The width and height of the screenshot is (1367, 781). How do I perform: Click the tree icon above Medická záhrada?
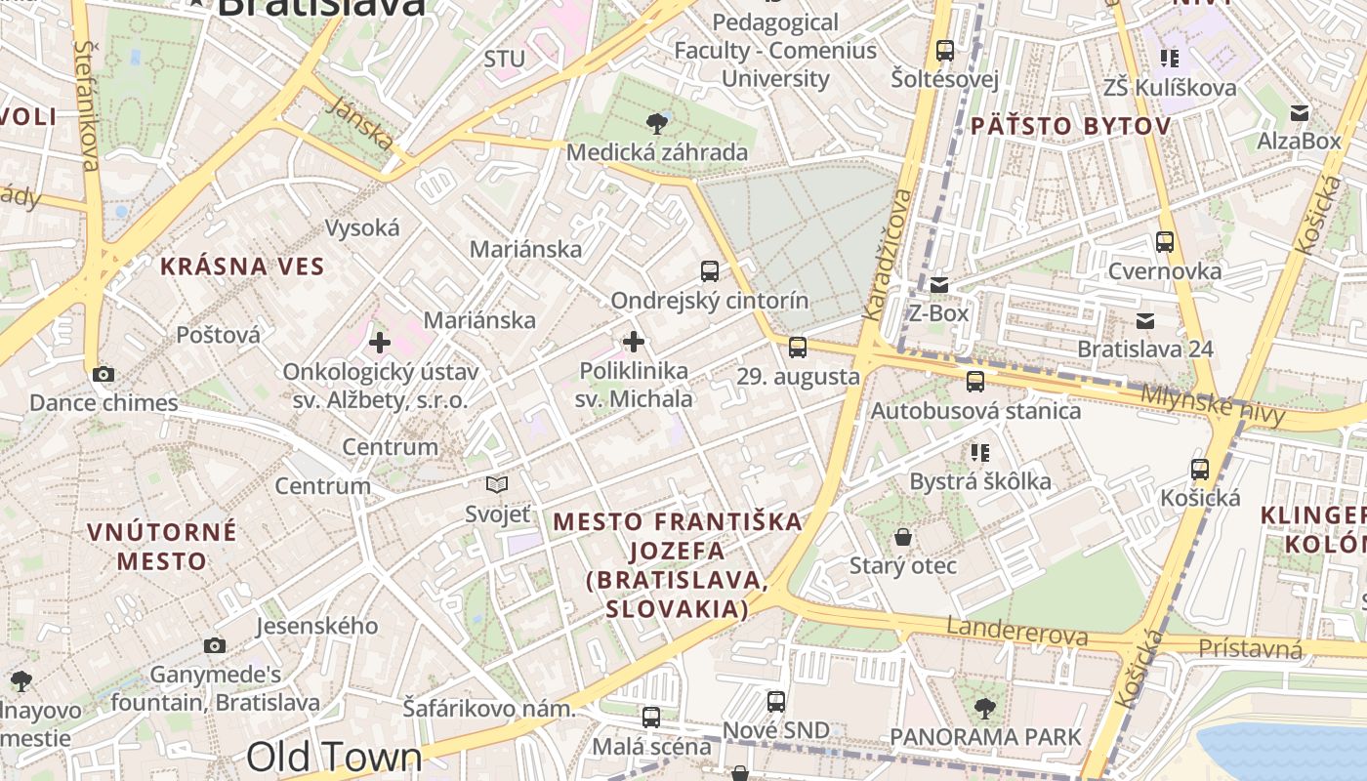pos(657,123)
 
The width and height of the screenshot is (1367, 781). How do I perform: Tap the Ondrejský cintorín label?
pos(710,300)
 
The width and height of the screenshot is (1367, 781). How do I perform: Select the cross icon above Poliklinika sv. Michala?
pos(634,342)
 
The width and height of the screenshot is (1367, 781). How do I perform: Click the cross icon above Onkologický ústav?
pos(380,343)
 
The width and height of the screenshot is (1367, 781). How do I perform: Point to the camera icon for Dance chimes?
pos(103,374)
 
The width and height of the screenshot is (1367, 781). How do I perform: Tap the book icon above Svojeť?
pos(497,484)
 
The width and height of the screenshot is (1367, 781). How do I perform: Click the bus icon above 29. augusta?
pos(798,347)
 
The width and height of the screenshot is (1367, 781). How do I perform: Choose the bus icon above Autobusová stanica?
pos(974,382)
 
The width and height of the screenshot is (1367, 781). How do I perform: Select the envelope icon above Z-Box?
pos(938,285)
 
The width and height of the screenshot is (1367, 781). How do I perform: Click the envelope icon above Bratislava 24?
pos(1145,320)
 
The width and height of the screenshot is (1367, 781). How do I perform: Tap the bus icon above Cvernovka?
pos(1164,242)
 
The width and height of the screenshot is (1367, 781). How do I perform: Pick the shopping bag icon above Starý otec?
pos(903,537)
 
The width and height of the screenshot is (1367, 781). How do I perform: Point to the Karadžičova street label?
pos(888,254)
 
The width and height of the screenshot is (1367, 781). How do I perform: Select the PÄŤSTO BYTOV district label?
pos(1070,126)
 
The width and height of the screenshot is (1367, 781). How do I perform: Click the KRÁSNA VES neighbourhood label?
pos(242,266)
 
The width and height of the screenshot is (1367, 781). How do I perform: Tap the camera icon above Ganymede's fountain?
pos(215,645)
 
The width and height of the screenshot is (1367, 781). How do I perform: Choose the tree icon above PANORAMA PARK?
pos(985,708)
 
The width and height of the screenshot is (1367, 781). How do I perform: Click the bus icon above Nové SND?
pos(776,701)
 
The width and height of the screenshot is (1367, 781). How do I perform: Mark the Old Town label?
pos(334,757)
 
